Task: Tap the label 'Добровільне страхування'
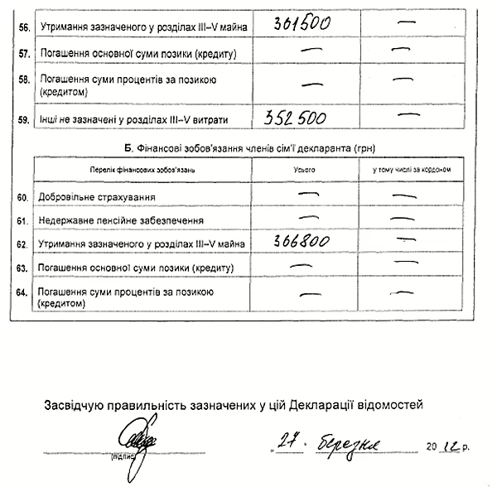pos(97,197)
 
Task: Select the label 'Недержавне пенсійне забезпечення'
pos(121,220)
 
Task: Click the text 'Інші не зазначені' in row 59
pos(78,120)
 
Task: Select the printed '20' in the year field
pos(436,446)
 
